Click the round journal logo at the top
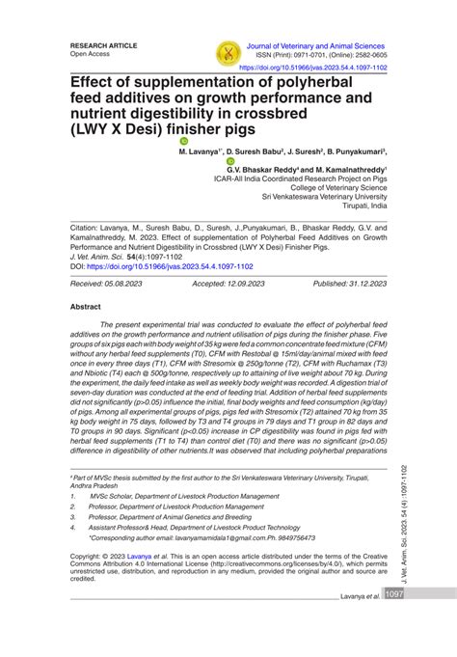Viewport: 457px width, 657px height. click(227, 52)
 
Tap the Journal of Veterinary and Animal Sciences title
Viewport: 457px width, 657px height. click(317, 44)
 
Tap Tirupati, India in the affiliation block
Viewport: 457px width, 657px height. click(360, 206)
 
